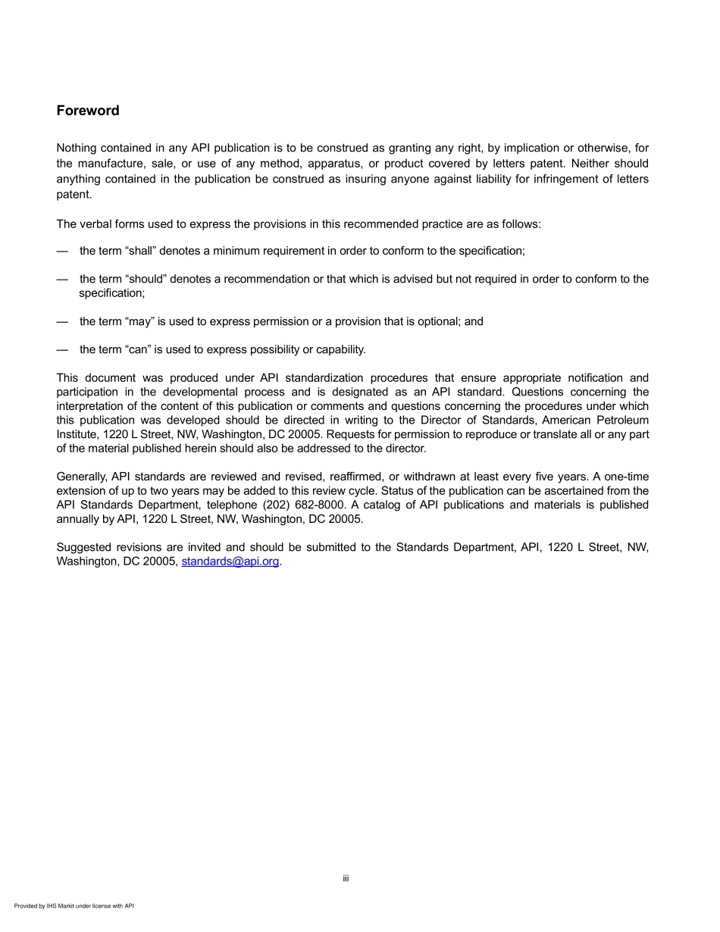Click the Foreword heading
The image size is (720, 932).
coord(88,111)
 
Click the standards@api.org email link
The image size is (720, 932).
coord(230,561)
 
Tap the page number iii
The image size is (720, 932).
coord(345,879)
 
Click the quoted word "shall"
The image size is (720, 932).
coord(139,251)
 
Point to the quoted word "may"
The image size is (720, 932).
coord(139,321)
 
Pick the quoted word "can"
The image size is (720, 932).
coord(137,349)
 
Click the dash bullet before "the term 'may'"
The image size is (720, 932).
coord(62,321)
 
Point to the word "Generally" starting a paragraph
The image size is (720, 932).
coord(82,477)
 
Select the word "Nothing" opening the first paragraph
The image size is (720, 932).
coord(77,149)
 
